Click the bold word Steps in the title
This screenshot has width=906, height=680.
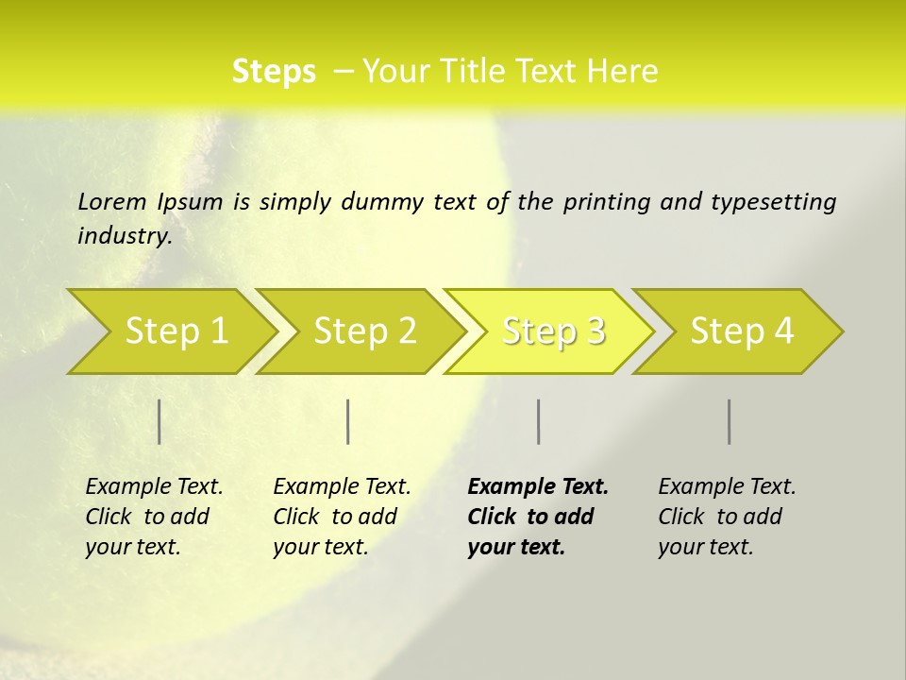274,72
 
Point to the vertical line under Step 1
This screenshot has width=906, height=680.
159,421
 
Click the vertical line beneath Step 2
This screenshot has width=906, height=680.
348,421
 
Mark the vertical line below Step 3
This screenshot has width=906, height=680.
539,421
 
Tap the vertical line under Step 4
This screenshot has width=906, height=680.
730,421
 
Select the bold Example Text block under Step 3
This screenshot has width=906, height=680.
537,517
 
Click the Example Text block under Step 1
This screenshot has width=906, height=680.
154,517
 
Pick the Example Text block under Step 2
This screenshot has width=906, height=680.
342,517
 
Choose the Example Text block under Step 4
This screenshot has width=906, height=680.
727,517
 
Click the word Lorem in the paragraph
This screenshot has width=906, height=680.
112,202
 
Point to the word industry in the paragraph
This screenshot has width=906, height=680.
125,236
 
